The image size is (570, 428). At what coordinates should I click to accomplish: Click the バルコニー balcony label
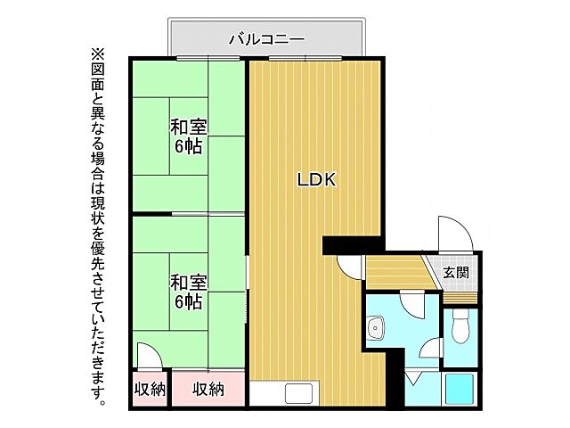click(267, 38)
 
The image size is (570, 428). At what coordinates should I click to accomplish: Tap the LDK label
click(315, 179)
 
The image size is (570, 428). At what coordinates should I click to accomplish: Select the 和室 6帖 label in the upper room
click(189, 136)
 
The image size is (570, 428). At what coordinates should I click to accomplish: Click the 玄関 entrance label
click(456, 272)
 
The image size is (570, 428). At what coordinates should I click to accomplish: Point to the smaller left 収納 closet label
click(150, 389)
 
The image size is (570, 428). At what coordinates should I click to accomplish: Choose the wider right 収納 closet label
click(208, 389)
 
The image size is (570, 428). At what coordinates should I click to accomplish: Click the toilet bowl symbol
click(460, 329)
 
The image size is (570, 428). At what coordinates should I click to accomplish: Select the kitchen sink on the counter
click(297, 392)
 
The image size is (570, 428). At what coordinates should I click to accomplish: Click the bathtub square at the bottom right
click(460, 391)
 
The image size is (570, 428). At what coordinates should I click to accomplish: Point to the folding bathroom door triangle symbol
click(414, 378)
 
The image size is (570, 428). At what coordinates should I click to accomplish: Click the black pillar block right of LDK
click(353, 243)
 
